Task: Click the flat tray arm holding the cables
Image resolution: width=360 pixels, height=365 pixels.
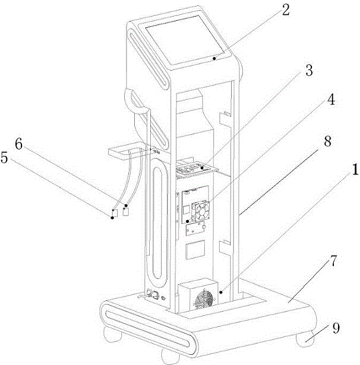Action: click(x=127, y=153)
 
